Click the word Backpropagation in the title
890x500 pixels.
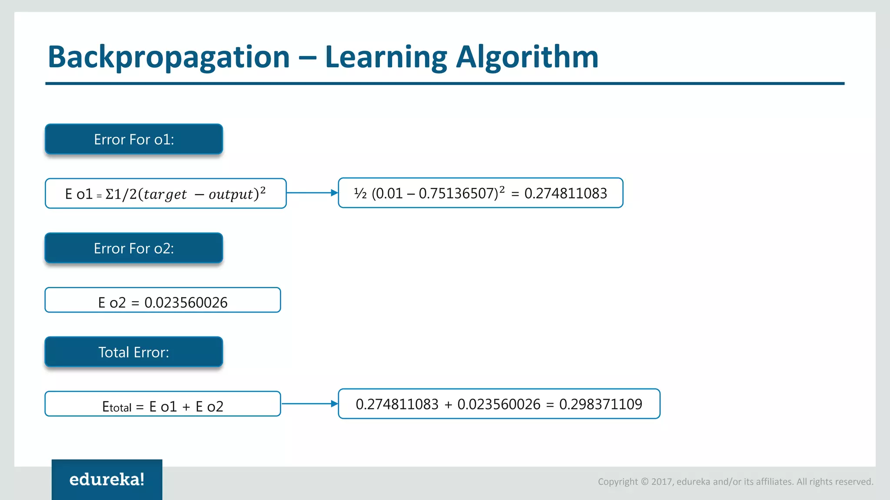click(169, 57)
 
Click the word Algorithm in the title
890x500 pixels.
click(527, 57)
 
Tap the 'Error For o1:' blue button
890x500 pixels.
click(134, 139)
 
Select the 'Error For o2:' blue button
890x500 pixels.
click(134, 248)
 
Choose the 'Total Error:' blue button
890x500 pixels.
click(134, 352)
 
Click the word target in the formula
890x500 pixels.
click(165, 194)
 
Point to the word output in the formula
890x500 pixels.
click(231, 194)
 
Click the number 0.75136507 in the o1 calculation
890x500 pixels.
click(458, 193)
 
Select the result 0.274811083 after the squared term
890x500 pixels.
click(565, 193)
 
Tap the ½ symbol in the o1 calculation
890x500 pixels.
click(360, 193)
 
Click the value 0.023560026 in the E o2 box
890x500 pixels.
click(186, 303)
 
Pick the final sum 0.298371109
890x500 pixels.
click(600, 404)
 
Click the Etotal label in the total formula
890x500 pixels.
click(116, 407)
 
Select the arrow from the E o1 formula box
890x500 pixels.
click(312, 193)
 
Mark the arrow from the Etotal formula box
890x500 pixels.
click(309, 404)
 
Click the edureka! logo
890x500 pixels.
click(107, 479)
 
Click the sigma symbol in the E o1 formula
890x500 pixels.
click(110, 194)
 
